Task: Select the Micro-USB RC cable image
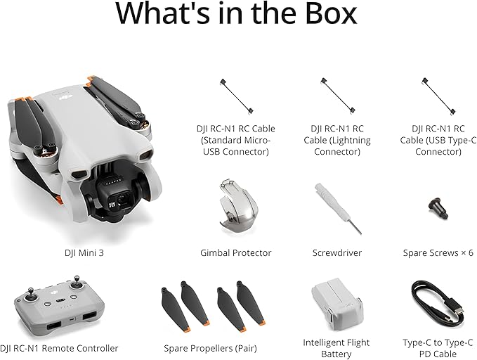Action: pos(235,96)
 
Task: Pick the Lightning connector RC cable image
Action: pos(338,96)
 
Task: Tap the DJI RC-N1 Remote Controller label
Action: pos(59,348)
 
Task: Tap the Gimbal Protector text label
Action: pos(235,252)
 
